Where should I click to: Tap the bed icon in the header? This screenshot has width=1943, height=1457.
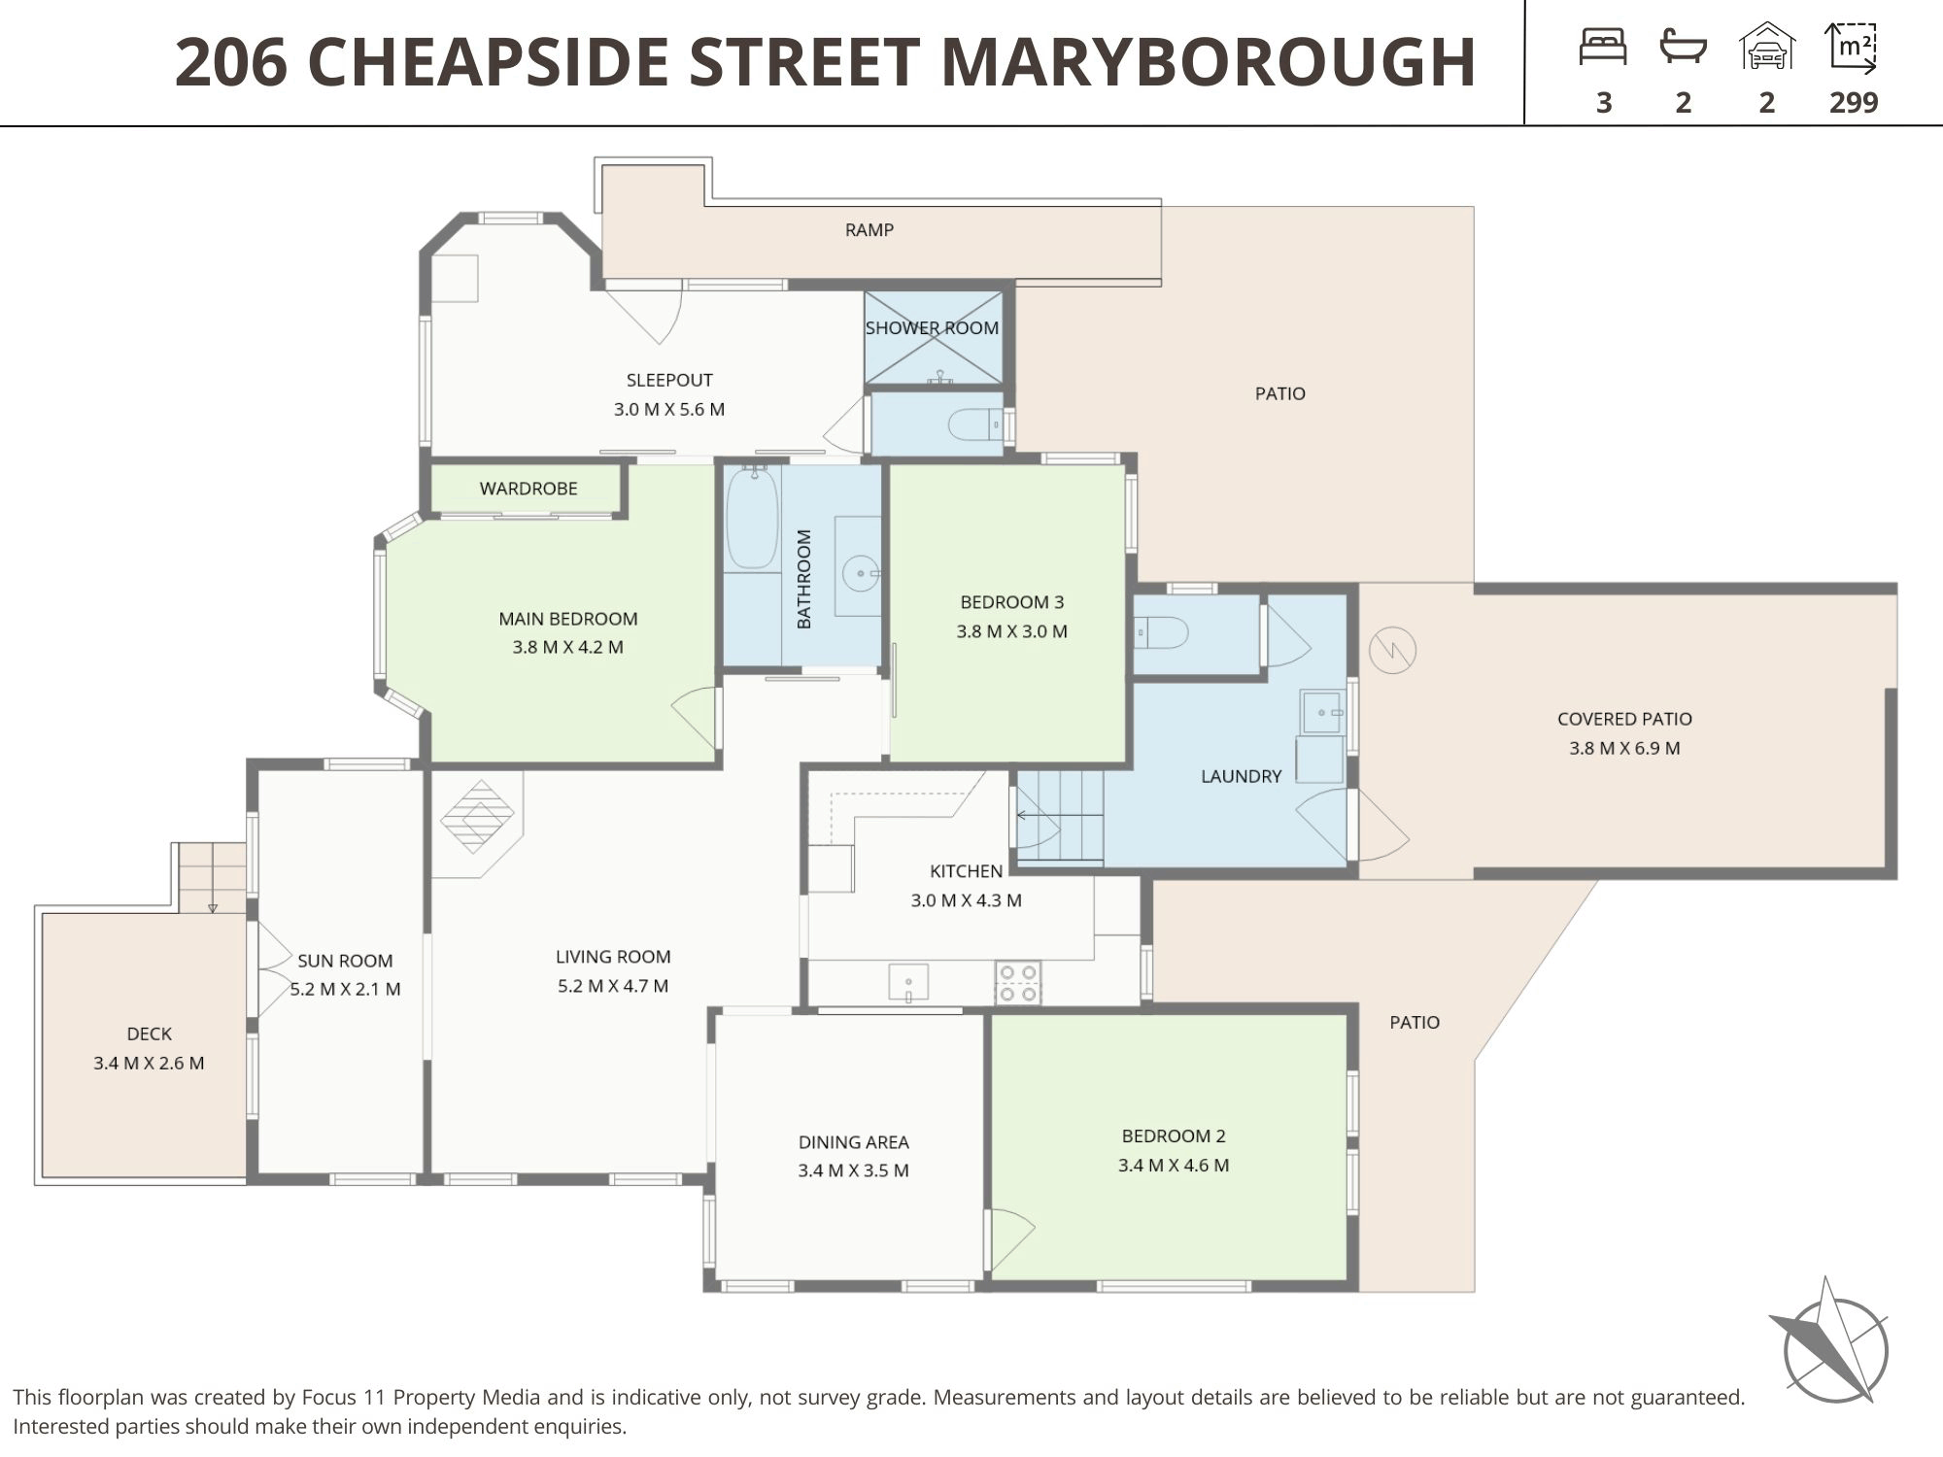pyautogui.click(x=1603, y=47)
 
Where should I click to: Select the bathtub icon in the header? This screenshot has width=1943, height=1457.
pyautogui.click(x=1684, y=47)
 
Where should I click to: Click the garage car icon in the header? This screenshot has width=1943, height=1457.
pyautogui.click(x=1767, y=46)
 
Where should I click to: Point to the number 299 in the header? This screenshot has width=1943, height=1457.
pyautogui.click(x=1854, y=102)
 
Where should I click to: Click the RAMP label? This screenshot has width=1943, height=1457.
pyautogui.click(x=869, y=230)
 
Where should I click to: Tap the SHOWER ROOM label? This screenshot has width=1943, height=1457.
pyautogui.click(x=932, y=328)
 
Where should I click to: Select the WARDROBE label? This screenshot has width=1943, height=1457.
pyautogui.click(x=528, y=489)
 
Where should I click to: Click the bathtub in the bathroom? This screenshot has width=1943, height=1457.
pyautogui.click(x=753, y=517)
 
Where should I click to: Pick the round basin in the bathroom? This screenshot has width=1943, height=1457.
pyautogui.click(x=860, y=573)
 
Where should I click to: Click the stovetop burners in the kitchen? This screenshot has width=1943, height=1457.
pyautogui.click(x=1017, y=982)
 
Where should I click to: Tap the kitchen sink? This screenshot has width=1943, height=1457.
pyautogui.click(x=908, y=981)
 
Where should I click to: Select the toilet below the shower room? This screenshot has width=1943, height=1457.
pyautogui.click(x=975, y=425)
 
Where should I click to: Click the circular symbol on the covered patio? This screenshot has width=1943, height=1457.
pyautogui.click(x=1392, y=651)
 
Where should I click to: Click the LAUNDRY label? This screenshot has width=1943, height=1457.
pyautogui.click(x=1241, y=776)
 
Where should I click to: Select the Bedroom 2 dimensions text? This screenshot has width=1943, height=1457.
pyautogui.click(x=1174, y=1166)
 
